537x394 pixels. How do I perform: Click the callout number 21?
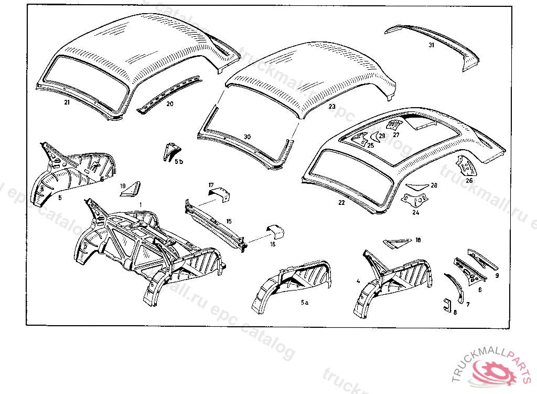pos(67,102)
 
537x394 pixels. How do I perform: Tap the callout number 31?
pos(431,45)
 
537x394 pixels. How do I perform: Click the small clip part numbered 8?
pos(447,305)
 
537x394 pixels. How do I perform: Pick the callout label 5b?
pos(179,162)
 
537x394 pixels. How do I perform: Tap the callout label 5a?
pos(305,303)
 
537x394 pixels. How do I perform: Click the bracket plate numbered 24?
pos(414,200)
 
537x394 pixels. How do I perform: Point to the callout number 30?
pos(248,137)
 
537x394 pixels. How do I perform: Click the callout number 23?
pos(331,107)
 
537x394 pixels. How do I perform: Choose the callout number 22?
pos(342,202)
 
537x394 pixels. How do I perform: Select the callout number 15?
pos(229,221)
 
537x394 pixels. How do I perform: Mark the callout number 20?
pos(169,104)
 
